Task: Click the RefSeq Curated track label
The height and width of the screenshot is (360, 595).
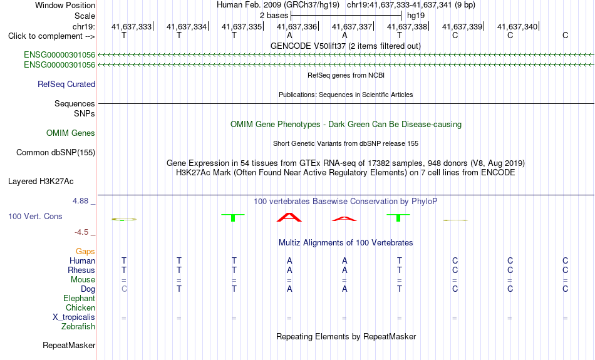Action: coord(66,85)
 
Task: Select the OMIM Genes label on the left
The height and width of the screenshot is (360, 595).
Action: coord(71,133)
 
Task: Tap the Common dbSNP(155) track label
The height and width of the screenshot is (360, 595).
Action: coord(56,153)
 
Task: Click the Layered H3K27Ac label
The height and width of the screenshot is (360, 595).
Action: coord(41,182)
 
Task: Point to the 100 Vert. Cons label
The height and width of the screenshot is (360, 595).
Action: coord(35,216)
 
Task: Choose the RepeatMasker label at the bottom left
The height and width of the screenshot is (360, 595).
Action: coord(69,345)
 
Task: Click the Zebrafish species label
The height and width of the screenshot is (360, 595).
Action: coord(78,327)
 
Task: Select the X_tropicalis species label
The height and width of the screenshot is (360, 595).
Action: coord(74,317)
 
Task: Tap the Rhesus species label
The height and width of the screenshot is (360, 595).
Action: coord(81,270)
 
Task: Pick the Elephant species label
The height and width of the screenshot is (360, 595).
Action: coord(80,299)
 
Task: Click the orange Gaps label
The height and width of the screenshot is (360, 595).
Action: coord(85,252)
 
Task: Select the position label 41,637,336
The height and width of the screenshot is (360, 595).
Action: coord(297,26)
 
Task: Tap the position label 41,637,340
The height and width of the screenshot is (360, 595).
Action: coord(517,26)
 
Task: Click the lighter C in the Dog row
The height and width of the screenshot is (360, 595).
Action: coord(124,289)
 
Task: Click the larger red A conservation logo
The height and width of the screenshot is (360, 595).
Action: coord(289,217)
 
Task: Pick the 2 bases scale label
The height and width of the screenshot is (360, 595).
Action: coord(274,16)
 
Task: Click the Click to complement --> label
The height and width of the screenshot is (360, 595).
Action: coord(51,36)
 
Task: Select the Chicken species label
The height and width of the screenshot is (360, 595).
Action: coord(80,307)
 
